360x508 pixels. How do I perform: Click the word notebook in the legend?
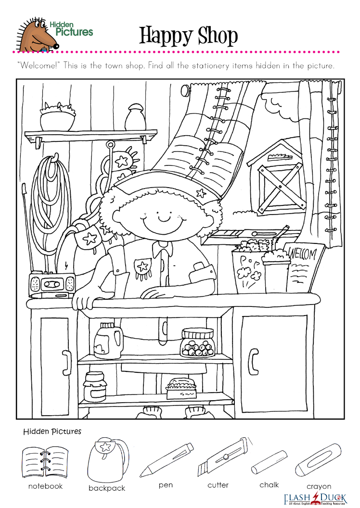[45, 486]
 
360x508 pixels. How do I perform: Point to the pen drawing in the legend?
[167, 459]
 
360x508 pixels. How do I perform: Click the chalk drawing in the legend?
[269, 462]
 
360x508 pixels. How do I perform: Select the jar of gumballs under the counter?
[197, 343]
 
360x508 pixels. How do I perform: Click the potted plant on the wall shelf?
[58, 116]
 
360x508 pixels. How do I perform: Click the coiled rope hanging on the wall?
[51, 195]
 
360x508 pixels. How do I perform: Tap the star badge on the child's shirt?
[142, 267]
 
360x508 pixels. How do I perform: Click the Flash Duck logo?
[315, 499]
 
